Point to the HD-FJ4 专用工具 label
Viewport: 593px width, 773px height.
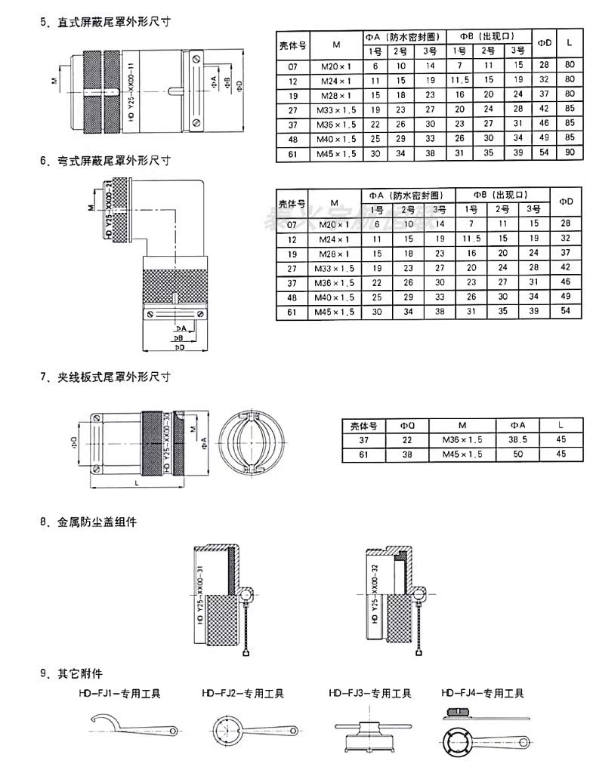[483, 693]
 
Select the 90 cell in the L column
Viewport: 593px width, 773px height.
[569, 152]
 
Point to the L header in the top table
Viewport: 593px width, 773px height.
[569, 43]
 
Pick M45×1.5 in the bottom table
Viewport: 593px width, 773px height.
[462, 454]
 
